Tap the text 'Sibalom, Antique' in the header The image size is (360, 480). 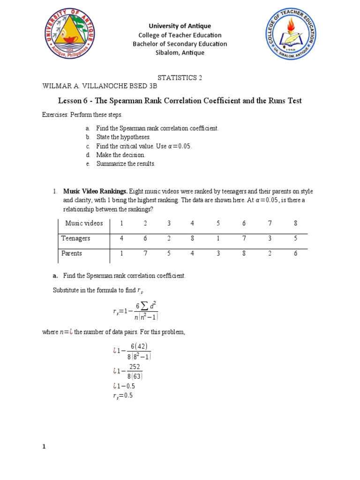coord(180,52)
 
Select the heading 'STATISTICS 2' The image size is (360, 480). coord(180,78)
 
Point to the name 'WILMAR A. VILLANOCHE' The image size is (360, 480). coord(82,87)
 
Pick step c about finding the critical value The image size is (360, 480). coord(144,146)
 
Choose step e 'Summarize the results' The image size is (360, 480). coord(125,164)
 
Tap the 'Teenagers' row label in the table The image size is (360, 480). coord(76,238)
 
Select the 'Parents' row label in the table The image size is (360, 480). coord(72,253)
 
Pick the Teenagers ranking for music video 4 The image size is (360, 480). coord(192,238)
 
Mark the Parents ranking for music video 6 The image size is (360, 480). coord(244,253)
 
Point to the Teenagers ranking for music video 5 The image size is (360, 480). coord(218,238)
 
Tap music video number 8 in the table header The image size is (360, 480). coord(295,223)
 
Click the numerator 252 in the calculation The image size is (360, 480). coord(135,367)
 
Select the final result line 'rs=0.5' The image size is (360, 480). coord(123,395)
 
